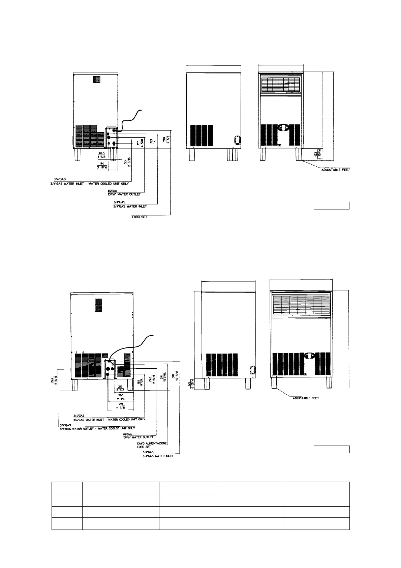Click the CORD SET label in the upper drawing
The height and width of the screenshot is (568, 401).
point(139,217)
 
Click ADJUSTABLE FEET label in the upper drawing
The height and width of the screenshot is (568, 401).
point(335,170)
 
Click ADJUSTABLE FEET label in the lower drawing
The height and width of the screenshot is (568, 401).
point(306,398)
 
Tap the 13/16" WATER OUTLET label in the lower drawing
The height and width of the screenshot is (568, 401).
point(139,437)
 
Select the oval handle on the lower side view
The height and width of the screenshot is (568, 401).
point(251,370)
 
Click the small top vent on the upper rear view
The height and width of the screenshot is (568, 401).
point(97,79)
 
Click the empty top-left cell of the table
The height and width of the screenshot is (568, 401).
point(67,488)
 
